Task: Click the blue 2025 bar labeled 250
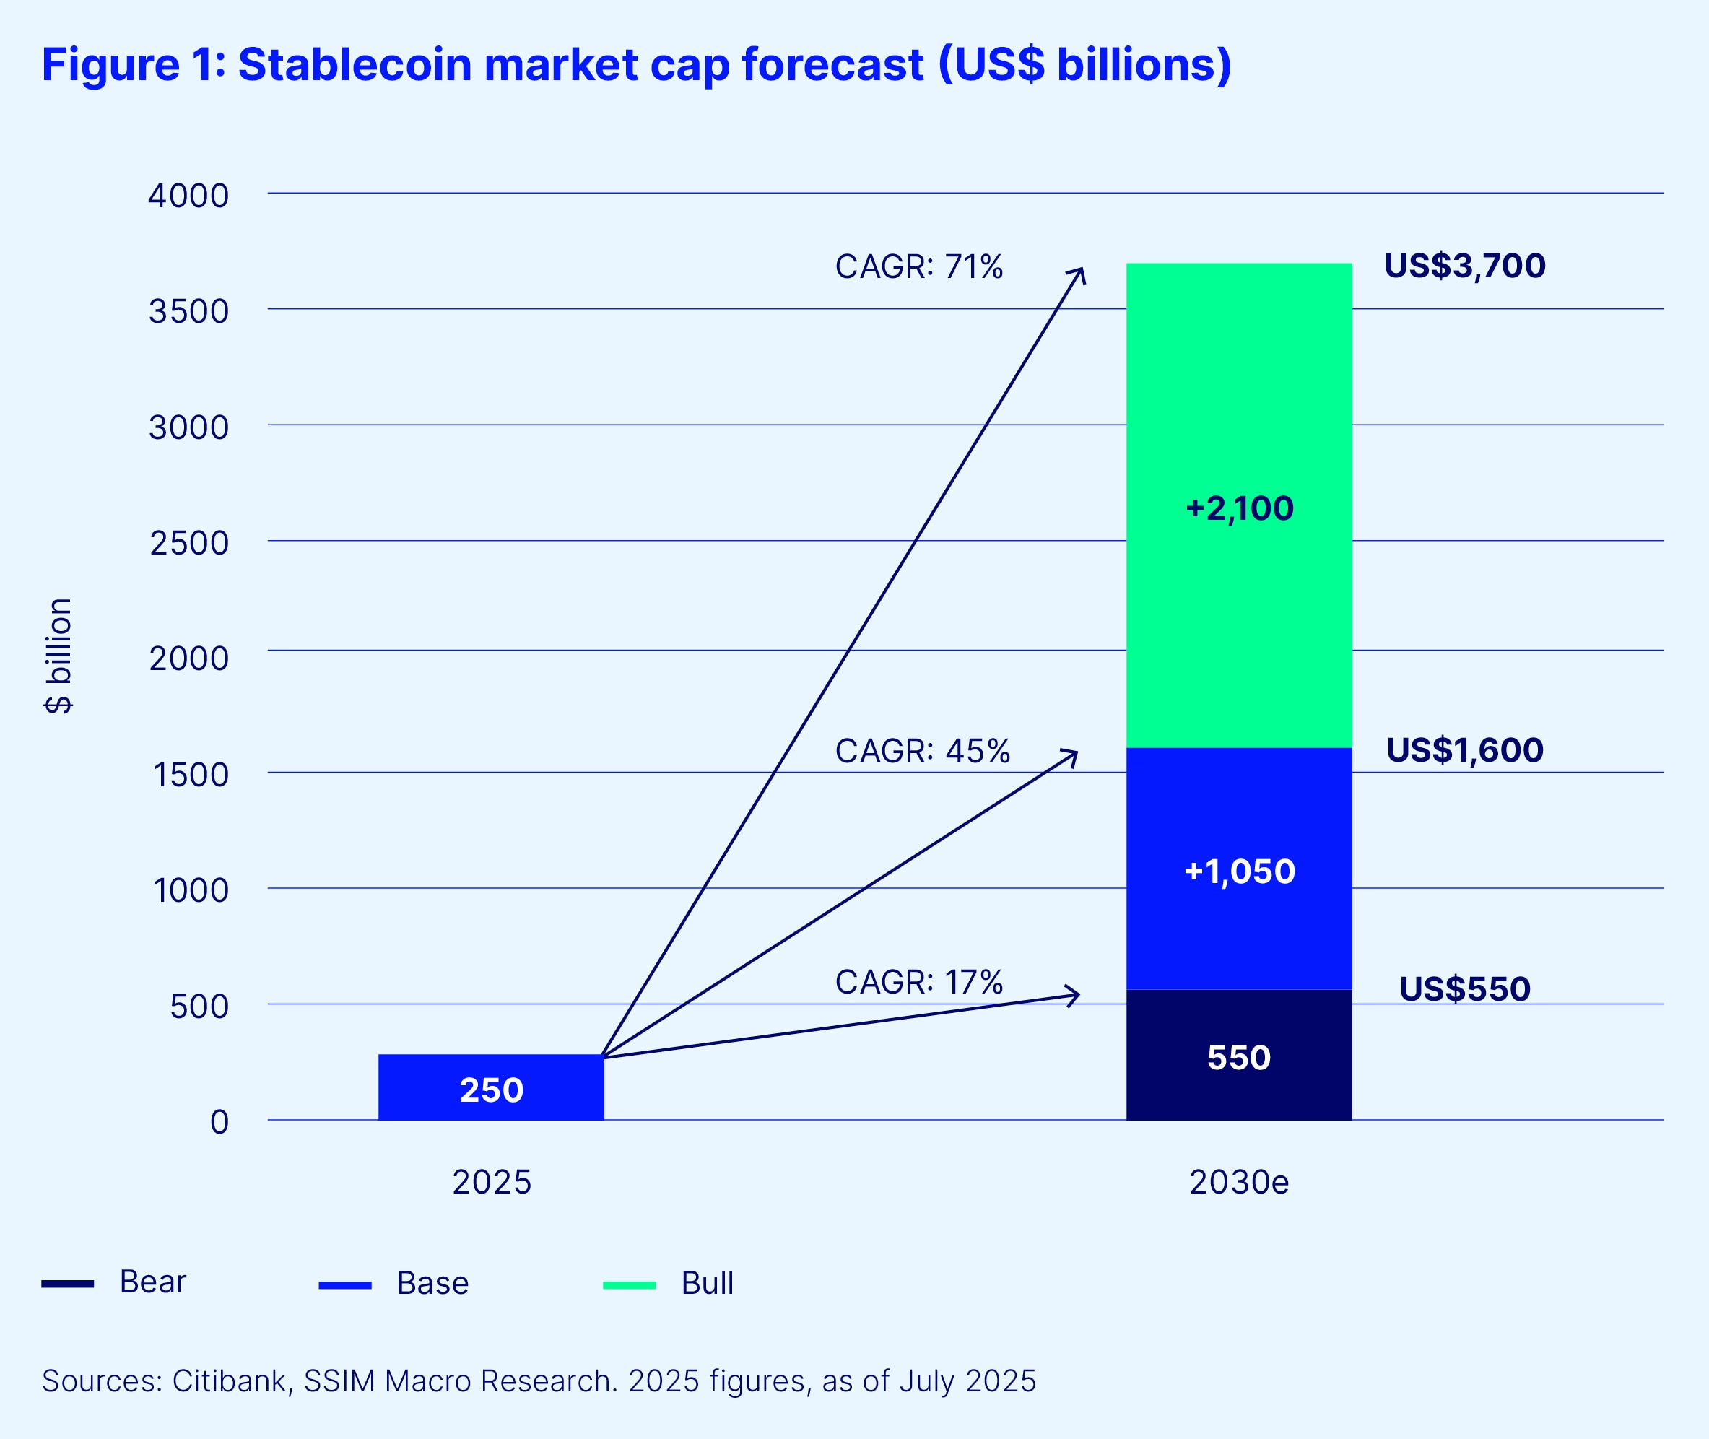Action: point(491,1088)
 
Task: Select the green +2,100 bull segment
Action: point(1238,505)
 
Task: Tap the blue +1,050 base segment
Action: point(1238,869)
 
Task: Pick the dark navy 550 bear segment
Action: point(1238,1056)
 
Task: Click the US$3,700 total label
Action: point(1464,266)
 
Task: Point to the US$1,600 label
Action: point(1464,750)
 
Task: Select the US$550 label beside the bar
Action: point(1464,988)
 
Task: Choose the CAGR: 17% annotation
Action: point(918,982)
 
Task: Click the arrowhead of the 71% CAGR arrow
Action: point(1081,272)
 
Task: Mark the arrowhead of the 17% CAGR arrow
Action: point(1075,995)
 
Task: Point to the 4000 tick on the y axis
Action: point(188,196)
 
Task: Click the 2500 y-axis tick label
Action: point(188,543)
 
